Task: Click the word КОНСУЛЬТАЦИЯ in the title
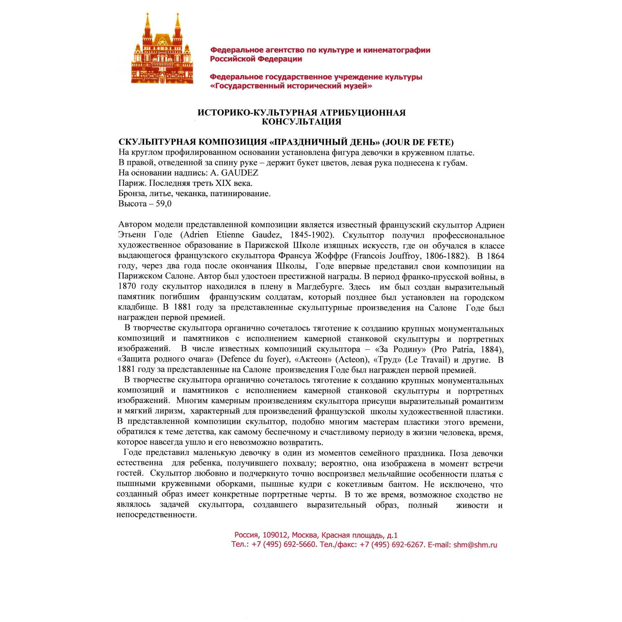click(x=301, y=122)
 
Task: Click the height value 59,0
click(x=164, y=204)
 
